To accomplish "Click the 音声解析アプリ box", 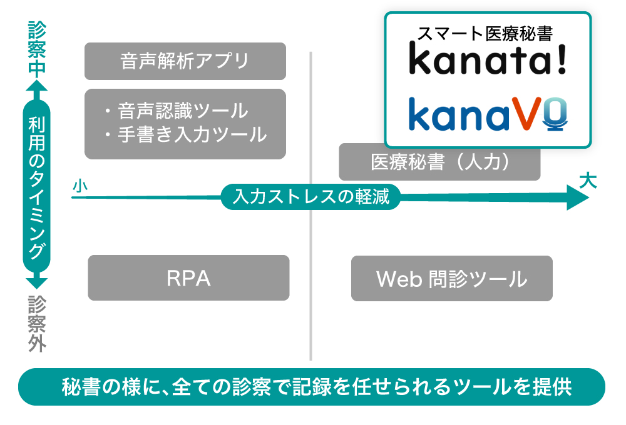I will tap(185, 61).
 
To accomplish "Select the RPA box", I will tap(188, 278).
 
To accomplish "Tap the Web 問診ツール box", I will tap(451, 278).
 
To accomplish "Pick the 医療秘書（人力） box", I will tap(439, 162).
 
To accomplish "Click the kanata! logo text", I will tap(488, 59).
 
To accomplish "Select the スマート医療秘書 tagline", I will tap(488, 31).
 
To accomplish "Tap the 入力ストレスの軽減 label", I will tap(310, 197).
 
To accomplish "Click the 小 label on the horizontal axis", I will tap(79, 186).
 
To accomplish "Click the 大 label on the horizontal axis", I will tap(587, 182).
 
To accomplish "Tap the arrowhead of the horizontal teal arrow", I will tap(577, 197).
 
